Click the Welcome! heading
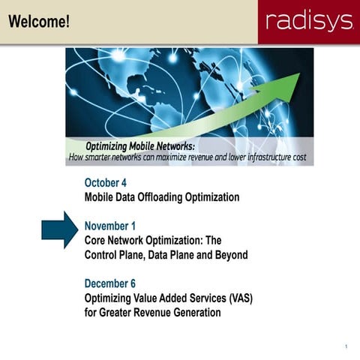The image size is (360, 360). [40, 22]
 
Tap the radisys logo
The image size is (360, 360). [308, 22]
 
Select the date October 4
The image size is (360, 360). [106, 182]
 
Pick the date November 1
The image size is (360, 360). [111, 226]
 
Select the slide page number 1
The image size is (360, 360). [346, 346]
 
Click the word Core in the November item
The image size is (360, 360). [97, 240]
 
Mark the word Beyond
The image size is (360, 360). [229, 255]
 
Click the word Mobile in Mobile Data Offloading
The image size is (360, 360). [101, 197]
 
